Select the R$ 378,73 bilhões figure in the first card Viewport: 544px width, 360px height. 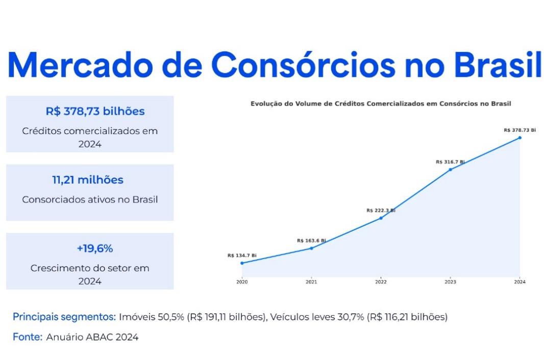pos(95,111)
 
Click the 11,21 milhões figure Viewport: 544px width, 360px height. pos(87,180)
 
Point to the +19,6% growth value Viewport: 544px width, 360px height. pos(94,249)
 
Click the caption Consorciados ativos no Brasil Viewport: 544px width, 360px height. pos(90,199)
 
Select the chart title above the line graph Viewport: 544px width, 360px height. pos(381,104)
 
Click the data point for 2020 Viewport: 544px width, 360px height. pos(242,263)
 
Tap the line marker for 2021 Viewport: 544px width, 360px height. pos(311,248)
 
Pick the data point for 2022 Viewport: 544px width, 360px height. pos(381,218)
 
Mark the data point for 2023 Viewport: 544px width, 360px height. pos(450,169)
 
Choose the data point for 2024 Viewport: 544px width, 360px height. pos(520,138)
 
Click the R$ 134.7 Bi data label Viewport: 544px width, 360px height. pos(242,255)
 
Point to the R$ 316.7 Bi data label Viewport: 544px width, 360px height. pos(450,162)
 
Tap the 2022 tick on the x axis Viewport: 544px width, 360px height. pos(381,282)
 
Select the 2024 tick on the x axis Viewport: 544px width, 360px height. pos(520,282)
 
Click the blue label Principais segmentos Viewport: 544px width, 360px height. pos(64,317)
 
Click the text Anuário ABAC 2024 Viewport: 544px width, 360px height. pos(92,337)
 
